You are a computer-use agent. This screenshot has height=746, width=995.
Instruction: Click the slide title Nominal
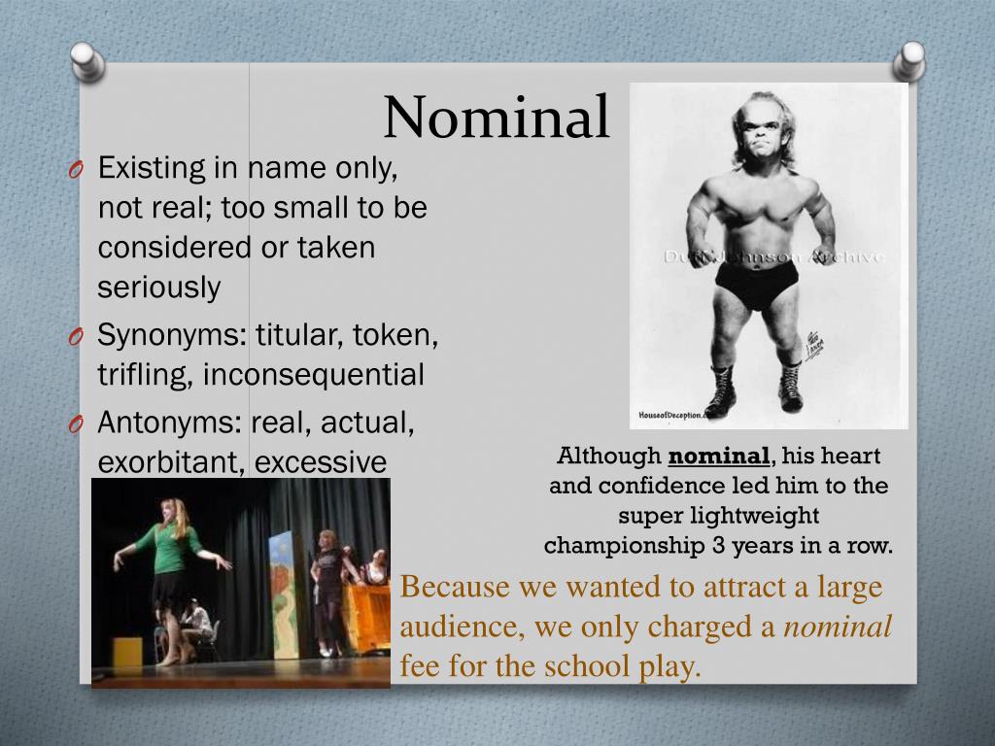pos(497,118)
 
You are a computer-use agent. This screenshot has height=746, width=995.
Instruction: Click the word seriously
pos(158,288)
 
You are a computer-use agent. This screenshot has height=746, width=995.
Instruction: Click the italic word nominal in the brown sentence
pos(838,627)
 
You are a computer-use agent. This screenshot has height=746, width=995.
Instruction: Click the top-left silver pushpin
pos(88,62)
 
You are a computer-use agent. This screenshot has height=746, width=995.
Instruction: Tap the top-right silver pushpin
pos(909,60)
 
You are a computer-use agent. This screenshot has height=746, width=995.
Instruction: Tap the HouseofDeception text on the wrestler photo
pos(670,415)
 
